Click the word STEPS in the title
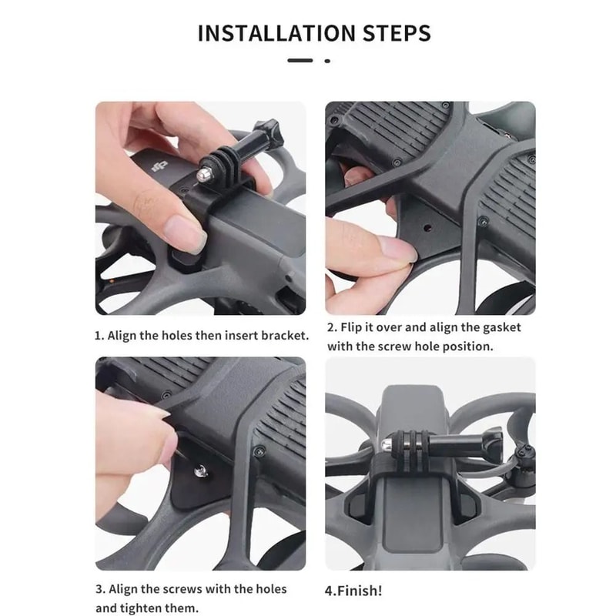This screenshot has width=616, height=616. pyautogui.click(x=393, y=34)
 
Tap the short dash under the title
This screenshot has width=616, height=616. pyautogui.click(x=300, y=60)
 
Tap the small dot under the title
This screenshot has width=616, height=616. pyautogui.click(x=327, y=60)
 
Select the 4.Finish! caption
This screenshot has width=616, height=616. pyautogui.click(x=353, y=591)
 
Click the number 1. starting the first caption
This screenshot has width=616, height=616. pyautogui.click(x=99, y=336)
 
